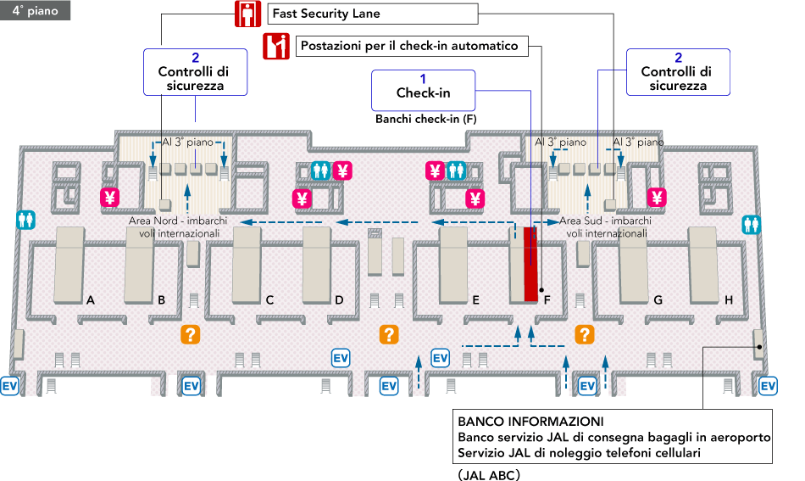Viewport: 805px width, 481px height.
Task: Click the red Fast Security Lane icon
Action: tap(247, 14)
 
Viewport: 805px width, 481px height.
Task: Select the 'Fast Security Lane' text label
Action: tap(326, 14)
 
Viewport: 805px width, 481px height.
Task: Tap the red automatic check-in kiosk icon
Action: tap(276, 46)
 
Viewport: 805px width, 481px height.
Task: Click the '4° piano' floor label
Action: tap(35, 12)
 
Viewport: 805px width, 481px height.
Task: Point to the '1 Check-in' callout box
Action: tap(423, 86)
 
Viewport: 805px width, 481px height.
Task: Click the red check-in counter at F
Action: tap(531, 263)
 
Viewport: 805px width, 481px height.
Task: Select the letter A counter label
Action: tap(90, 299)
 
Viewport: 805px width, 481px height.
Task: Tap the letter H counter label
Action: tap(729, 299)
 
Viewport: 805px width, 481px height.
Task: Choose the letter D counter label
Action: tap(339, 299)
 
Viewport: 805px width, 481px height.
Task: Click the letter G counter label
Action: tap(658, 299)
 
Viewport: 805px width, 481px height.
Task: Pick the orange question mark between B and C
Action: tap(191, 334)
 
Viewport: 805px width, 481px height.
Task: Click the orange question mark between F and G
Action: tap(584, 334)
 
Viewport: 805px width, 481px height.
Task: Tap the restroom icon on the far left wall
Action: tap(25, 219)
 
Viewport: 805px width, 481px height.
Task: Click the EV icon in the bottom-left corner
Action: tap(10, 386)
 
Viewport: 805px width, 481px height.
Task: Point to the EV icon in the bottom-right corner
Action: tap(769, 386)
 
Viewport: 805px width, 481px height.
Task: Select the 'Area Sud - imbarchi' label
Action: tap(606, 221)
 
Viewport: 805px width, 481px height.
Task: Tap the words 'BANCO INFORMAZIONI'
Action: tap(530, 422)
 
